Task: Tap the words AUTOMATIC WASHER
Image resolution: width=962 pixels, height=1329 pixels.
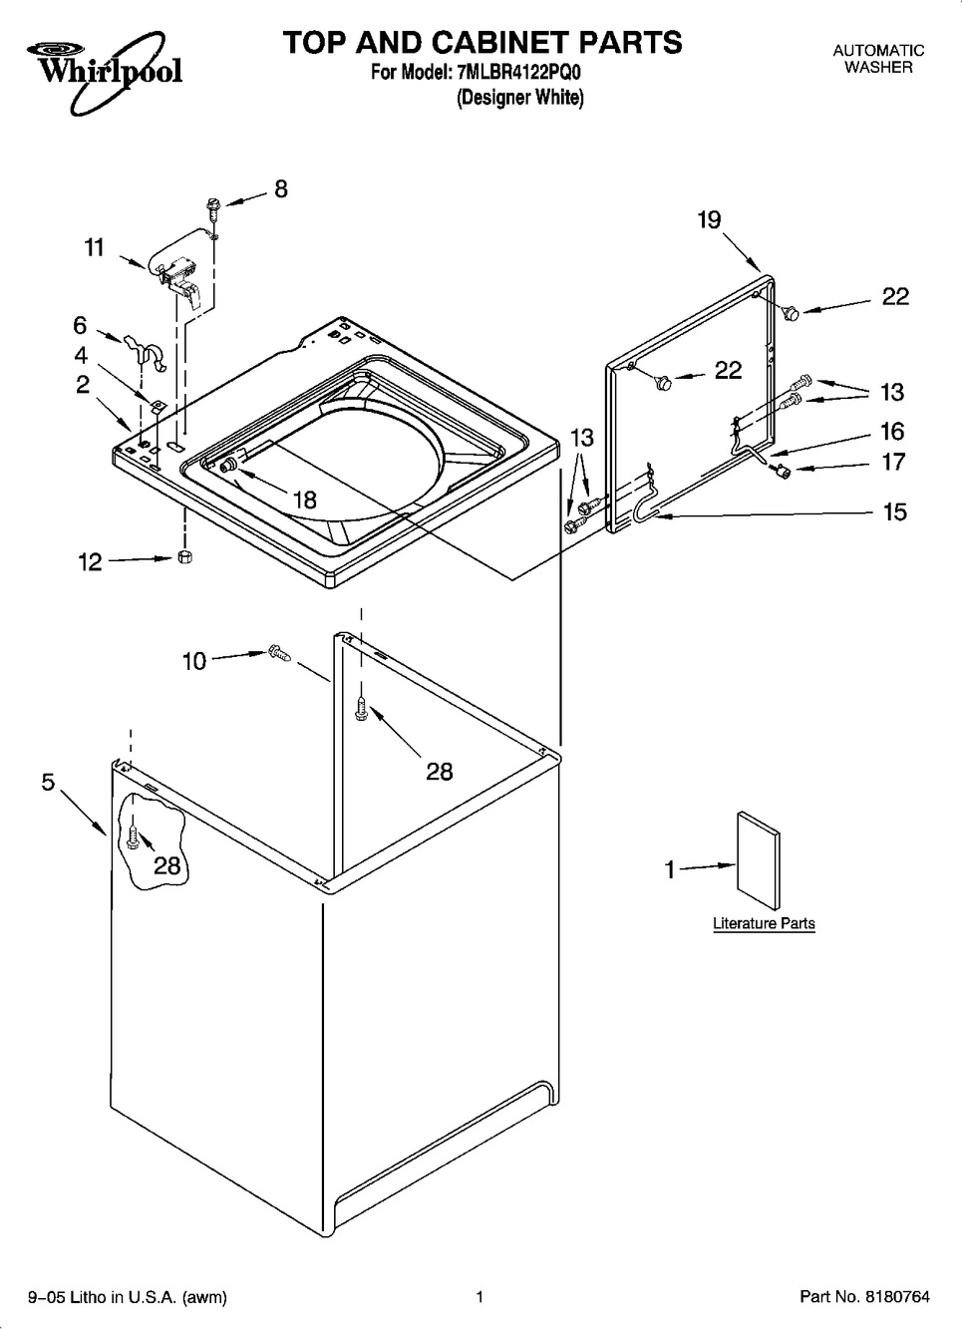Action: pyautogui.click(x=878, y=59)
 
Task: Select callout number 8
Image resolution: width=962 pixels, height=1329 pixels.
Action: pyautogui.click(x=280, y=188)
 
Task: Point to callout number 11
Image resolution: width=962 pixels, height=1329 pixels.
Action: pyautogui.click(x=95, y=247)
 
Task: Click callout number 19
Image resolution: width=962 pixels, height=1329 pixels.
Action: pyautogui.click(x=710, y=220)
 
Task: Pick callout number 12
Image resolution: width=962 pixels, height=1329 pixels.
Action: pyautogui.click(x=90, y=562)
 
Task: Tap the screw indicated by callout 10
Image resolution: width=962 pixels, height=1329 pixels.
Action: pyautogui.click(x=279, y=653)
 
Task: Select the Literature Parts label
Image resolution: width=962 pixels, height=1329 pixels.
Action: pyautogui.click(x=764, y=923)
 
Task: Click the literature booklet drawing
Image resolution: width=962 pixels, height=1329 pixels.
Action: pyautogui.click(x=759, y=860)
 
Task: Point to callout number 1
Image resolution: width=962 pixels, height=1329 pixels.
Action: pyautogui.click(x=670, y=870)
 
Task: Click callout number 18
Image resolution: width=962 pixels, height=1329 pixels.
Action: pyautogui.click(x=305, y=500)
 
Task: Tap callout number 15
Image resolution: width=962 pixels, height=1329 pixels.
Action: pyautogui.click(x=895, y=511)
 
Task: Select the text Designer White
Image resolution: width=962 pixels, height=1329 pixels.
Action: pyautogui.click(x=520, y=97)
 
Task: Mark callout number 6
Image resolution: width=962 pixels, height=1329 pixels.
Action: pyautogui.click(x=80, y=326)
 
